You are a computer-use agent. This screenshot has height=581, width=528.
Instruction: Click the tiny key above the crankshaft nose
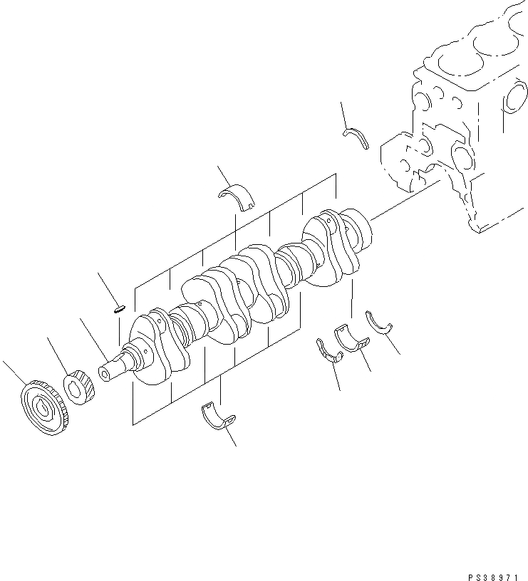(x=120, y=309)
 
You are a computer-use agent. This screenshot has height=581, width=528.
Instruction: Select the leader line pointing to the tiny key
(x=106, y=289)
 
